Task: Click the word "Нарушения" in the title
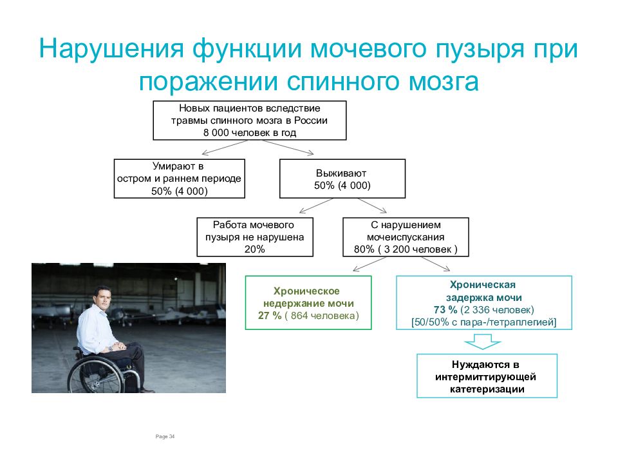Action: (x=111, y=48)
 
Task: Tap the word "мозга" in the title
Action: (x=444, y=82)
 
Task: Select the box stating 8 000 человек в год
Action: (x=250, y=121)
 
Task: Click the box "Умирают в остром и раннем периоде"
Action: (x=180, y=179)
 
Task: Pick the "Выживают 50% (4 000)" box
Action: (x=342, y=179)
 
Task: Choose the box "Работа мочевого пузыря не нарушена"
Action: (x=255, y=237)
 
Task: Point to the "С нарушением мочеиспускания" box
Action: (x=406, y=237)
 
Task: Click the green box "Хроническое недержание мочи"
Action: (x=308, y=303)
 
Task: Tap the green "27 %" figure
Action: (x=270, y=316)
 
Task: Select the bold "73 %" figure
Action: (x=445, y=310)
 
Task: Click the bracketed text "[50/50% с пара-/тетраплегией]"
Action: (x=483, y=322)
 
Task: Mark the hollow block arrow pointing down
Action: (x=482, y=342)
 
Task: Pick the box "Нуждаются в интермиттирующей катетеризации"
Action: (x=487, y=376)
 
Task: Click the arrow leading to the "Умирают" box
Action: (x=225, y=148)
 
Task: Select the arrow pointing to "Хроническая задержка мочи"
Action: (x=436, y=264)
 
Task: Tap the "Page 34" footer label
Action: (x=165, y=436)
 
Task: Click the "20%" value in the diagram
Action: (x=255, y=249)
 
